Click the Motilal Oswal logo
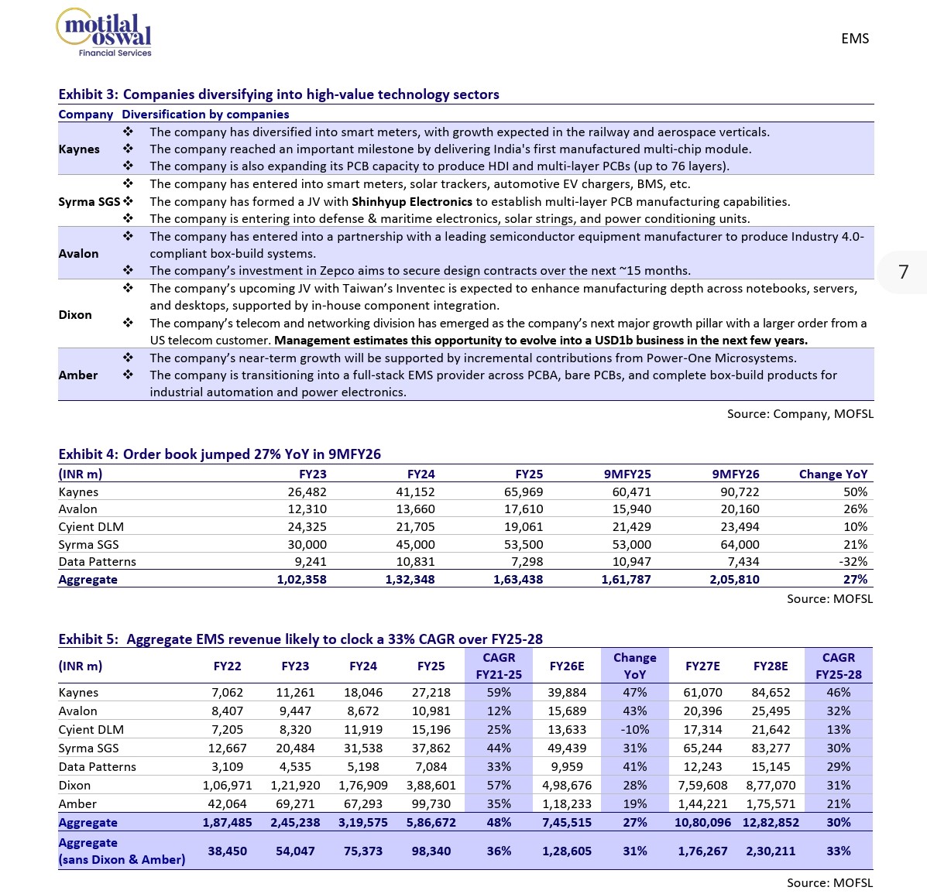[x=105, y=33]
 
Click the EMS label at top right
[x=855, y=39]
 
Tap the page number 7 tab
[x=903, y=272]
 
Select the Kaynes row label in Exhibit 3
[x=79, y=149]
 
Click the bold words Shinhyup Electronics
[x=412, y=202]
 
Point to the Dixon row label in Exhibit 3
[x=75, y=315]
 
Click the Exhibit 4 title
[x=220, y=454]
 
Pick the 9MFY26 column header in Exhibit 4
[x=735, y=474]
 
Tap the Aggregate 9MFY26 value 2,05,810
[x=734, y=580]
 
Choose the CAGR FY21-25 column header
[x=499, y=666]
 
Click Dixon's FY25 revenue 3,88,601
[x=431, y=786]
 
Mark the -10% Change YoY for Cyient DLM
[x=634, y=730]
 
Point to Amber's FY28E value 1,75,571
[x=771, y=804]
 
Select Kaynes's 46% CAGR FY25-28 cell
[x=838, y=693]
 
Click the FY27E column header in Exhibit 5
[x=702, y=666]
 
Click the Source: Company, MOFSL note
[x=800, y=414]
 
